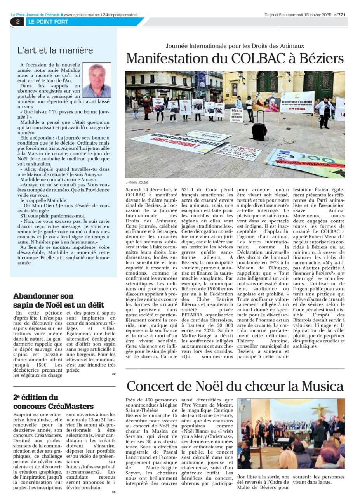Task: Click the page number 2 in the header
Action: coord(18,22)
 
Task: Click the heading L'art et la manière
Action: coord(55,50)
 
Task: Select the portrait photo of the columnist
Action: coord(97,80)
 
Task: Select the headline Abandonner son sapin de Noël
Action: coord(58,301)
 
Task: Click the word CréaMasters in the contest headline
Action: coord(73,407)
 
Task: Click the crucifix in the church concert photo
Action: coord(320,408)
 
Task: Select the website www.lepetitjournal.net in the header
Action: coord(81,15)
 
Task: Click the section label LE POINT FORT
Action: coord(48,22)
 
